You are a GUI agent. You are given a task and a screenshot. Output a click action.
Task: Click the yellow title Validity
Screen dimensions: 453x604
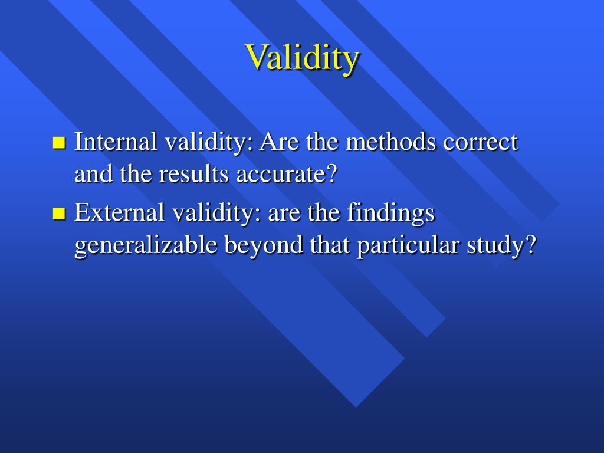click(x=302, y=57)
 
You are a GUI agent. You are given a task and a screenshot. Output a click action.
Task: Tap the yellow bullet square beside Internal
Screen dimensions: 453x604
click(x=58, y=142)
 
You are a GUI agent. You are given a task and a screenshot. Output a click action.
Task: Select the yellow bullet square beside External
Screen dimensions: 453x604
click(x=58, y=213)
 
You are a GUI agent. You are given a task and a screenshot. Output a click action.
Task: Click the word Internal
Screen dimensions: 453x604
click(x=116, y=142)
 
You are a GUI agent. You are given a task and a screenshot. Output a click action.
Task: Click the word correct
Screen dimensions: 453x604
click(x=480, y=142)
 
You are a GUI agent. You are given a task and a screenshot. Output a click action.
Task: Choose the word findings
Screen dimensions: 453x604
click(x=390, y=212)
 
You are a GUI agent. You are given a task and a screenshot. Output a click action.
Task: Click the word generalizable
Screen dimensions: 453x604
click(x=146, y=245)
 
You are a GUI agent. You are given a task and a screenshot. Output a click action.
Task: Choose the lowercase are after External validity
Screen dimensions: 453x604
click(x=285, y=214)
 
